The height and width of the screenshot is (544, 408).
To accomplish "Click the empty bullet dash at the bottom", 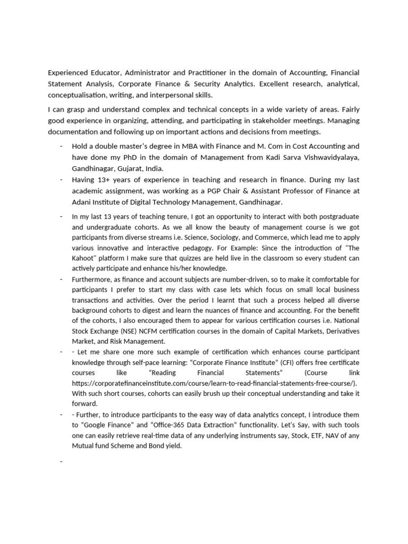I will click(62, 462).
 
